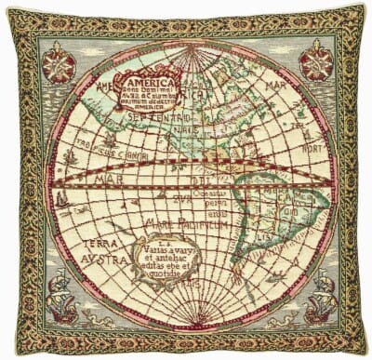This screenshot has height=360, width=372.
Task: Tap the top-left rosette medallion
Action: [x=59, y=64]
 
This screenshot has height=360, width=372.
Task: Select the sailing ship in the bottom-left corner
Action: [x=60, y=287]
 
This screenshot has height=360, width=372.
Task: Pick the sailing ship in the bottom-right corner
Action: [x=312, y=288]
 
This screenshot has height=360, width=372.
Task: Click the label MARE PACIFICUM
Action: [x=193, y=222]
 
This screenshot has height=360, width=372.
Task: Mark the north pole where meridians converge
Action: [x=187, y=49]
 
